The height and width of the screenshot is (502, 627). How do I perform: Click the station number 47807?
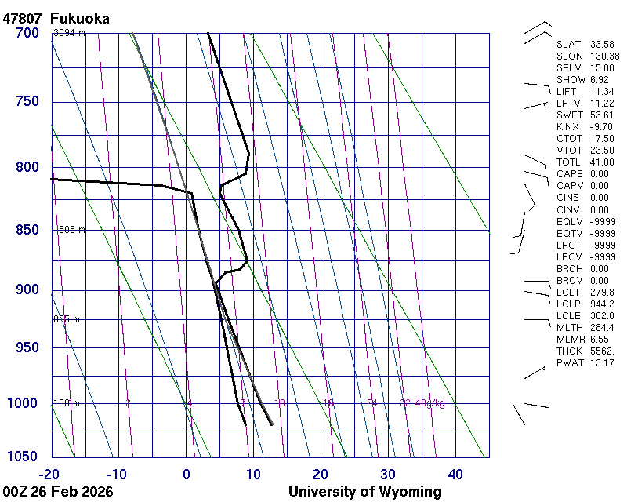[23, 18]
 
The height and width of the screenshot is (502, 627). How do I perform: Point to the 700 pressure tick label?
[27, 33]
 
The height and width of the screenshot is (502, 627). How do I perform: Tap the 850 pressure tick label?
[27, 230]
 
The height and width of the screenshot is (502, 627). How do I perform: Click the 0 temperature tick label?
[187, 474]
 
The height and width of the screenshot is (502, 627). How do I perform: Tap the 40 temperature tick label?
[455, 474]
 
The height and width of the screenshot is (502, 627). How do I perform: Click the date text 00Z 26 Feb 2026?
[57, 492]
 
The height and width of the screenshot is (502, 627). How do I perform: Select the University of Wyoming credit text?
[364, 492]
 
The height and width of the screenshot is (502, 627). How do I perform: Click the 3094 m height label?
[69, 33]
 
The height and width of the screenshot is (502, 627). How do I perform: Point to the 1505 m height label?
[69, 230]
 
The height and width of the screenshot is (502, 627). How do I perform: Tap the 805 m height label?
[67, 319]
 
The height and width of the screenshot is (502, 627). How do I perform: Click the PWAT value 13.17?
[600, 363]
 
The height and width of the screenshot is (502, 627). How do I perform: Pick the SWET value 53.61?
[600, 115]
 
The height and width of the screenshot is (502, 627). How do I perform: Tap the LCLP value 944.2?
[600, 304]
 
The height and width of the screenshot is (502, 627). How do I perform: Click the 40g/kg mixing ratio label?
[430, 403]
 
